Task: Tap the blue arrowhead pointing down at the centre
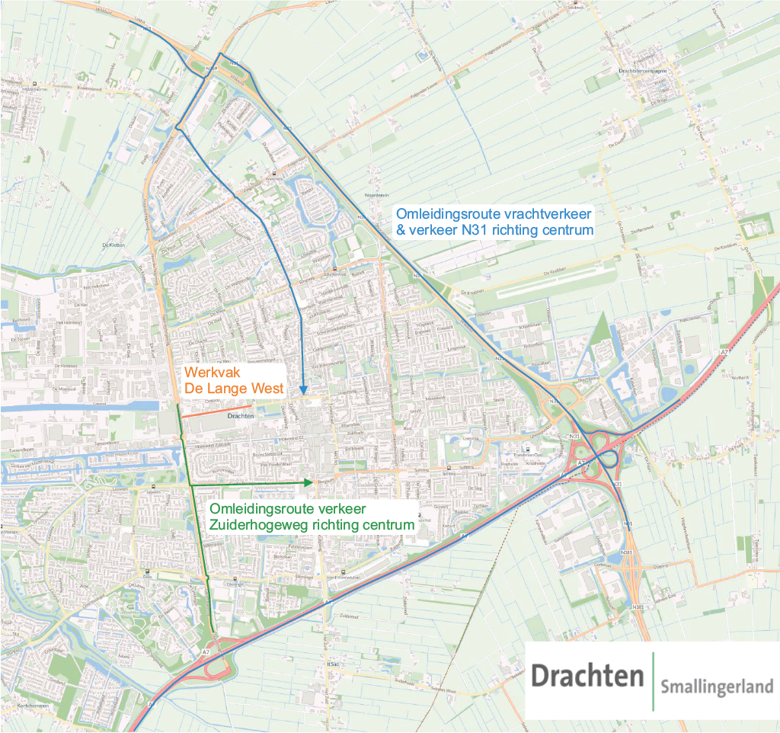click(302, 389)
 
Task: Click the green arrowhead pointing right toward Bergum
click(308, 483)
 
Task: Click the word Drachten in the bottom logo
click(587, 675)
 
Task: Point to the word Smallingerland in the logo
click(717, 687)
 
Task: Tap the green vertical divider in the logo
click(653, 680)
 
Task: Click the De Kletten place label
click(112, 245)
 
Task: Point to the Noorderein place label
click(377, 195)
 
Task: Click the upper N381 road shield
click(626, 552)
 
